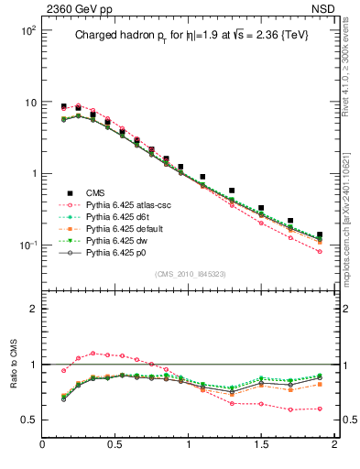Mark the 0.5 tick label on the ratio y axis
click(x=27, y=420)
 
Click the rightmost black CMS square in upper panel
click(x=320, y=235)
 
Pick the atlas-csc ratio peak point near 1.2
click(x=93, y=353)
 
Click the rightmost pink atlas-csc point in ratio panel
click(x=320, y=409)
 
